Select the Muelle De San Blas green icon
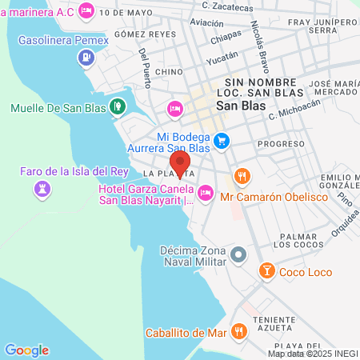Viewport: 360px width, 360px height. click(117, 105)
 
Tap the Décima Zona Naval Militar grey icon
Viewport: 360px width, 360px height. click(238, 255)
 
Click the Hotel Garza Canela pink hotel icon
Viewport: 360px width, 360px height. click(206, 192)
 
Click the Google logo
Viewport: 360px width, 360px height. click(26, 350)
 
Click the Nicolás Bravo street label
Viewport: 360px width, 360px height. click(258, 43)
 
